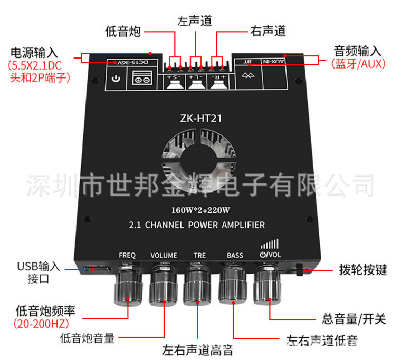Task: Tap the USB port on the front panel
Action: [x=97, y=269]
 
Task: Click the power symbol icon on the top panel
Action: [x=117, y=80]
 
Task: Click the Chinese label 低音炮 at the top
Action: [x=122, y=32]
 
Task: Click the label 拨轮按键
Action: [x=362, y=270]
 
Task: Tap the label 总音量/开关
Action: [x=354, y=319]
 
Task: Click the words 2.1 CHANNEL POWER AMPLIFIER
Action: [x=196, y=225]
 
